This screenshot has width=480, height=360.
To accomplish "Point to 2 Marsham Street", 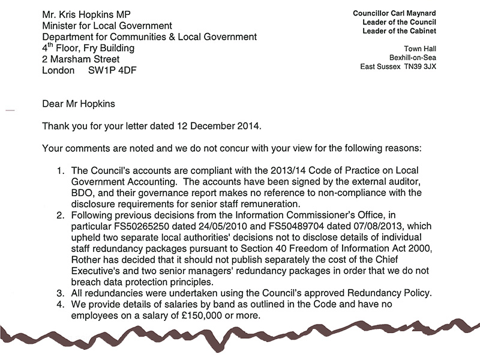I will tap(80, 59).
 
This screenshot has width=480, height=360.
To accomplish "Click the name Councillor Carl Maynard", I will tap(395, 13).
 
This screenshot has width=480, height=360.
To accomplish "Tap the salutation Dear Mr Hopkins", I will tap(79, 104).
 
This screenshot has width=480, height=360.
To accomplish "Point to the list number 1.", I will tap(60, 171).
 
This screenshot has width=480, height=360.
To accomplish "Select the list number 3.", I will tap(60, 293).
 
